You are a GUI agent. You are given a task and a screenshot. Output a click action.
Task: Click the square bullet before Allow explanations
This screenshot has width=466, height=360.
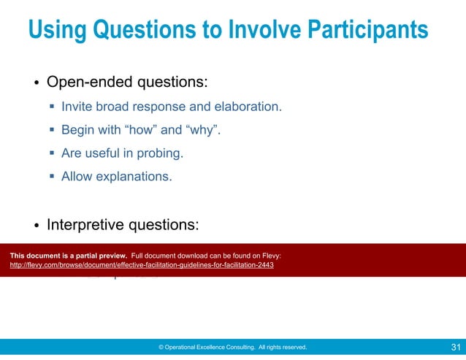pyautogui.click(x=53, y=176)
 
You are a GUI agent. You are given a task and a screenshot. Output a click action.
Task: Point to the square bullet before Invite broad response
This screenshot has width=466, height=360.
pyautogui.click(x=53, y=107)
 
